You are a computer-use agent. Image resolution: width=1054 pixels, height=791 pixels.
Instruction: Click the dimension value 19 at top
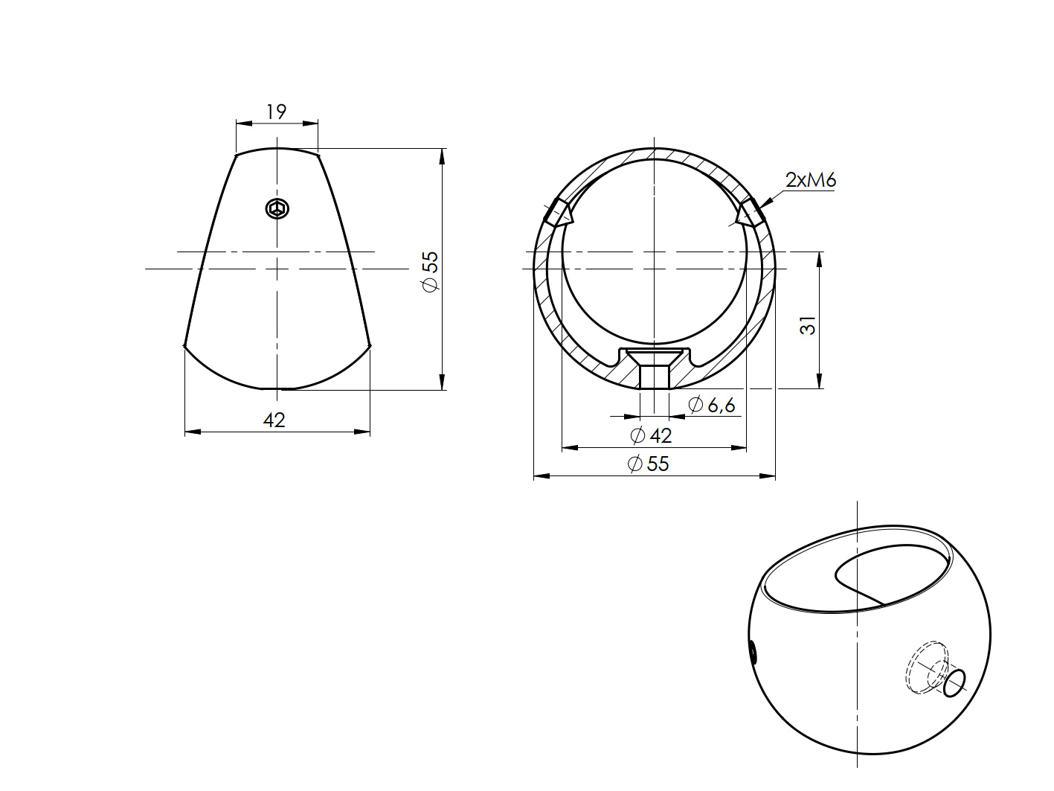tap(276, 112)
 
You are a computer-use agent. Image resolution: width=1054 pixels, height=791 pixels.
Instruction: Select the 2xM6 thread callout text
tap(810, 180)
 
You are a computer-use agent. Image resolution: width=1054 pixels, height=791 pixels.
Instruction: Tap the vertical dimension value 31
tap(809, 326)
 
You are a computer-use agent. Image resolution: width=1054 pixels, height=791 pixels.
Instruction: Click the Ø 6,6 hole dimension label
tap(712, 406)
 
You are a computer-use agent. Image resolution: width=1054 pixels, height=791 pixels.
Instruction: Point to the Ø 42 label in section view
tap(651, 435)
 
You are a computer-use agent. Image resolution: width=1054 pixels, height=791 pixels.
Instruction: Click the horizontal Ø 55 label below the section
tap(649, 464)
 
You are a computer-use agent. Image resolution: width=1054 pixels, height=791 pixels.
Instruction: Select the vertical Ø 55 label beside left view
tap(431, 272)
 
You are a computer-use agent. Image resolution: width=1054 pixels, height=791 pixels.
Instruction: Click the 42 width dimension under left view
tap(274, 420)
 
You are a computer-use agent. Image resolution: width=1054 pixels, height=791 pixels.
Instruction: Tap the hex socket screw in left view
tap(277, 209)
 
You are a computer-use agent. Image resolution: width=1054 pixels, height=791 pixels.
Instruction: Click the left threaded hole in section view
tap(558, 214)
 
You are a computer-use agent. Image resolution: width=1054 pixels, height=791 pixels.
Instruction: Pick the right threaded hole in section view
tap(749, 213)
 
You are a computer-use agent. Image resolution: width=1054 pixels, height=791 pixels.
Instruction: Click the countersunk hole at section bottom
tap(655, 368)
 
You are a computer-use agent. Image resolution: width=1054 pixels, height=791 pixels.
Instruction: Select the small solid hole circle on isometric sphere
tap(954, 682)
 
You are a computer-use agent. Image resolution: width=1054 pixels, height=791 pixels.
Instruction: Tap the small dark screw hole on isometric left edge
tap(753, 653)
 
